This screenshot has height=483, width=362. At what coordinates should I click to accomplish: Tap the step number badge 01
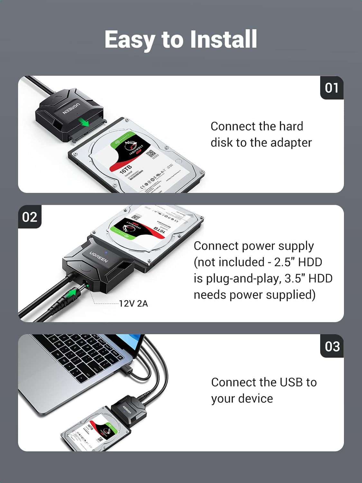coord(332,88)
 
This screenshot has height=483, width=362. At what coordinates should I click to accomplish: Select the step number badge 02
coord(30,217)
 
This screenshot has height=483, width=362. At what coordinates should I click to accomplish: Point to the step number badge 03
coord(332,346)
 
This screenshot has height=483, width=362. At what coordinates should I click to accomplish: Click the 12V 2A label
coord(133,304)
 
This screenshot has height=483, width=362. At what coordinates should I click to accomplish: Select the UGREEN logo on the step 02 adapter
coord(99,257)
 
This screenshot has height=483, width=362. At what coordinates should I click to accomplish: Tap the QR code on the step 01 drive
coord(151,154)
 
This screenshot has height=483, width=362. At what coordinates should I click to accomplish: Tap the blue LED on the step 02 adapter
coord(107,248)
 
